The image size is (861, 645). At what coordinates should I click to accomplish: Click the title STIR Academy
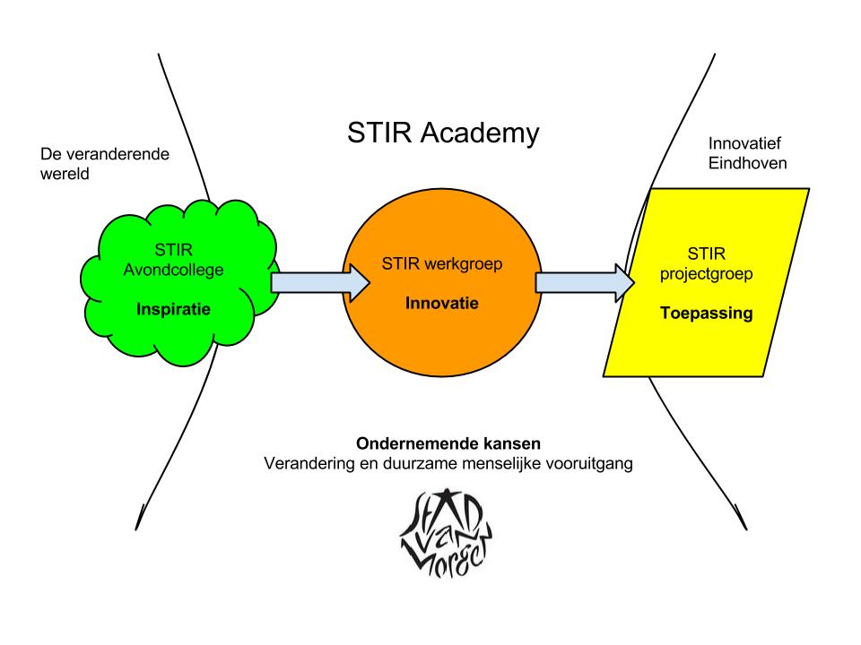tap(443, 134)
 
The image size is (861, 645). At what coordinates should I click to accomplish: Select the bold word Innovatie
tap(442, 303)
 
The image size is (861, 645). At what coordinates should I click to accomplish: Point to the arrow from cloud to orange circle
tap(319, 282)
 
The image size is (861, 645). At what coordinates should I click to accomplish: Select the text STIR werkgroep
tap(442, 265)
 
